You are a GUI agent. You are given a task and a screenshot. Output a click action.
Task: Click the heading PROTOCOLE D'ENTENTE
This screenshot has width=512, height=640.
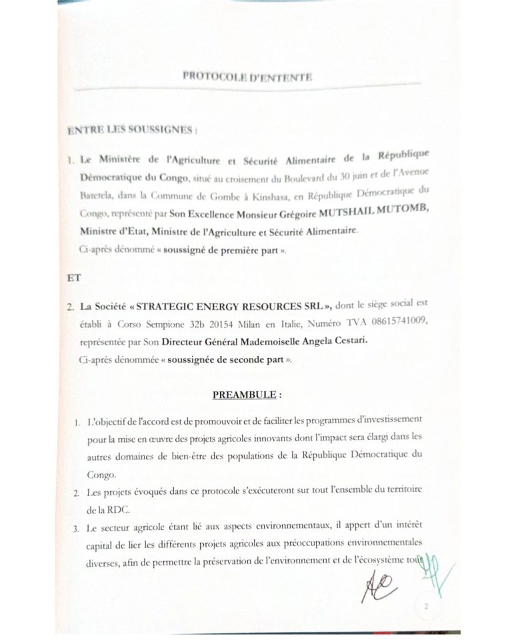(x=247, y=77)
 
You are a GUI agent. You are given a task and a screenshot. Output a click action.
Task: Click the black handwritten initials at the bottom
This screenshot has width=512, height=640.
(x=378, y=587)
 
